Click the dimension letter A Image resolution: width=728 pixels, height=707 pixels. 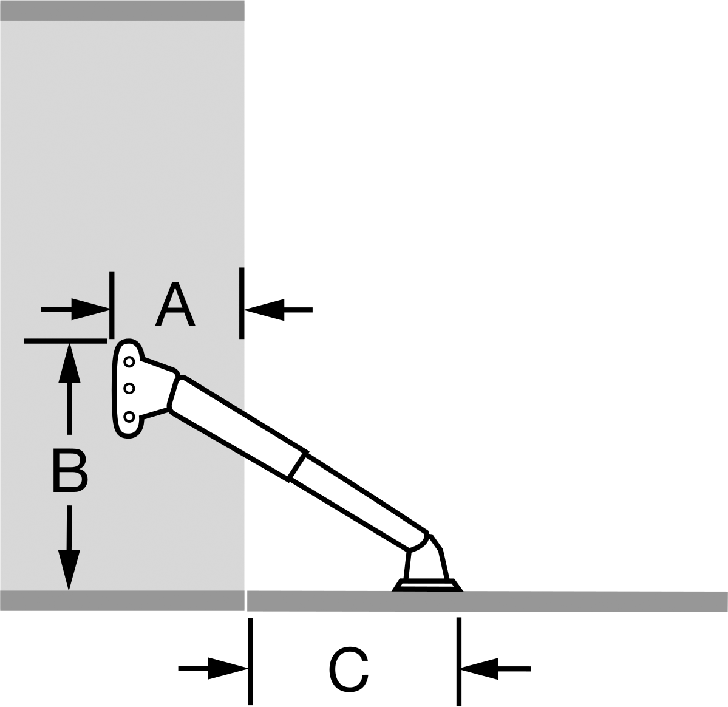(x=175, y=304)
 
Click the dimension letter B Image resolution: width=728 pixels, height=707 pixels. (x=70, y=470)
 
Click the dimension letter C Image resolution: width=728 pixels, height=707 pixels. (x=349, y=669)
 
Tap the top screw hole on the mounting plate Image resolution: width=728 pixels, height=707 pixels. (x=129, y=362)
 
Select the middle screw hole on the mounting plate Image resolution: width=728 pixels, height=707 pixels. (x=129, y=388)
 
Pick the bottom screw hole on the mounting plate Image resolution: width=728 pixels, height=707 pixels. (x=129, y=417)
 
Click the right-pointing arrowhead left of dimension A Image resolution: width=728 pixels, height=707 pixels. (x=90, y=309)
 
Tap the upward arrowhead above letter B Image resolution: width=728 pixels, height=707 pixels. (x=70, y=363)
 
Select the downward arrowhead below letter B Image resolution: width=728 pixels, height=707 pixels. (x=69, y=570)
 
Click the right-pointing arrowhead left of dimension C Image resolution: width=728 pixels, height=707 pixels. (x=228, y=669)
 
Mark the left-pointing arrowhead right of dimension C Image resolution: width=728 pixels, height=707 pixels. (x=480, y=669)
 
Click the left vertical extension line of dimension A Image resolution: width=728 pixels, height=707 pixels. (x=112, y=305)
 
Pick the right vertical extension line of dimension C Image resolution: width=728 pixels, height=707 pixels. (x=459, y=661)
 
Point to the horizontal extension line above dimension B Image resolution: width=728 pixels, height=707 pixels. (x=66, y=341)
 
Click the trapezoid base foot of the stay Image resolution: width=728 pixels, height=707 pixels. (x=427, y=585)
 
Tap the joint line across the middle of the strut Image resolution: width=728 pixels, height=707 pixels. (x=298, y=466)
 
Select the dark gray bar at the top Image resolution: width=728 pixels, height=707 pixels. (x=122, y=10)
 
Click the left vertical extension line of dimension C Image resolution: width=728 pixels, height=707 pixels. (x=250, y=661)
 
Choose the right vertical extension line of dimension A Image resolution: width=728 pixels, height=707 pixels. (x=242, y=303)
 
